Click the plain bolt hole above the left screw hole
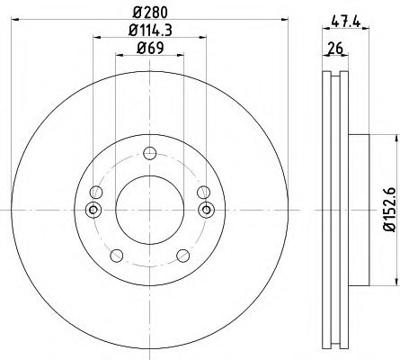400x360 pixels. click(95, 191)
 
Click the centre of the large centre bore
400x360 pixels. click(148, 211)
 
